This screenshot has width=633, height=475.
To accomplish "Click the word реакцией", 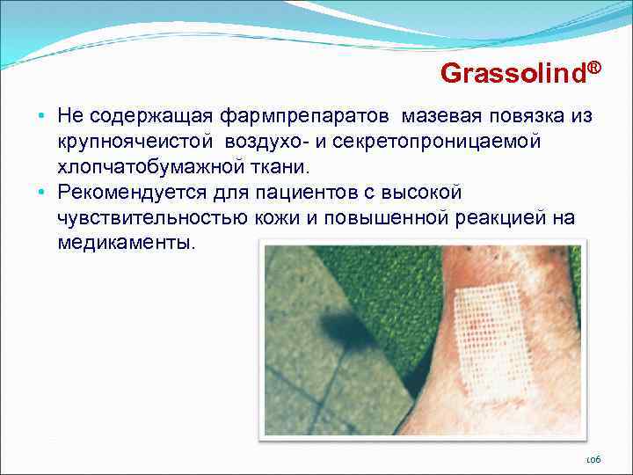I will coord(494,217).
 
